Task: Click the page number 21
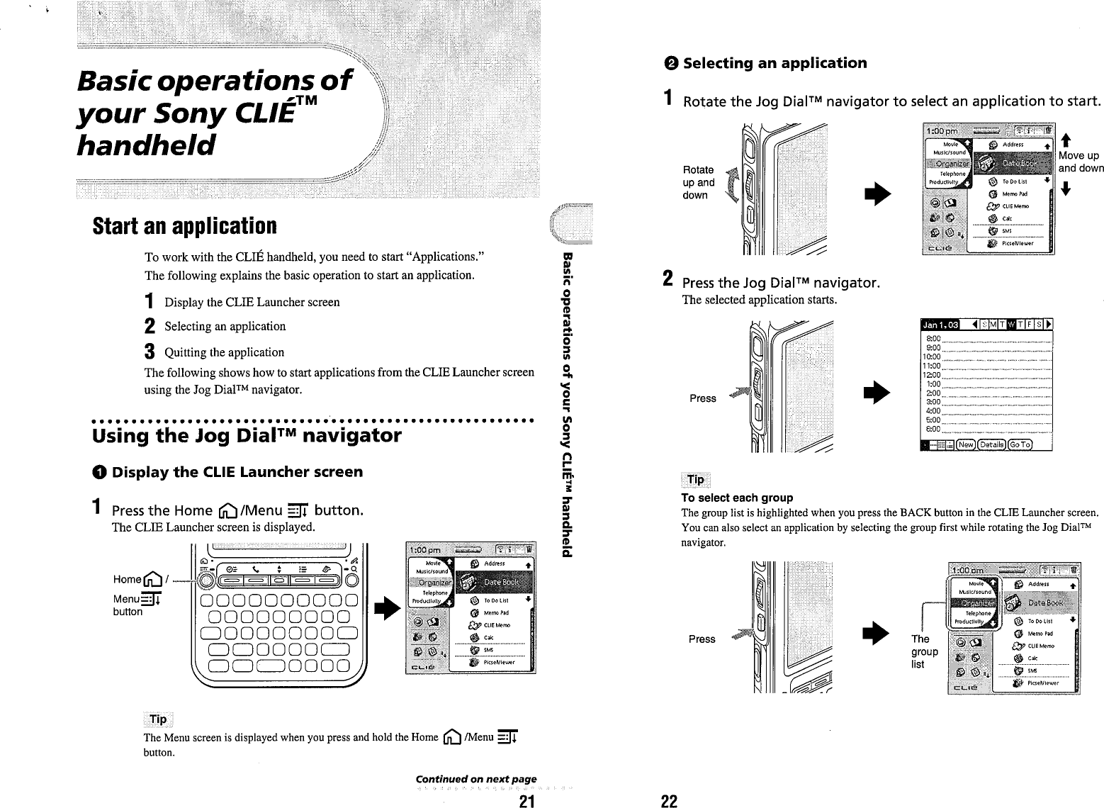[x=525, y=801]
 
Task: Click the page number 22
[x=668, y=801]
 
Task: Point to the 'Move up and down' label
[x=1080, y=162]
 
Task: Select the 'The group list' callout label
[x=924, y=651]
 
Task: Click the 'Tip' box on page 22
[x=696, y=480]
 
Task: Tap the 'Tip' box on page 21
[x=158, y=719]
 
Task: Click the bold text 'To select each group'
[x=737, y=498]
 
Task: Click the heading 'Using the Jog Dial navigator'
[x=247, y=435]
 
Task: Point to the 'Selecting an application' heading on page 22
[x=774, y=63]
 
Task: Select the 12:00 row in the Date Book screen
[x=985, y=375]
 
